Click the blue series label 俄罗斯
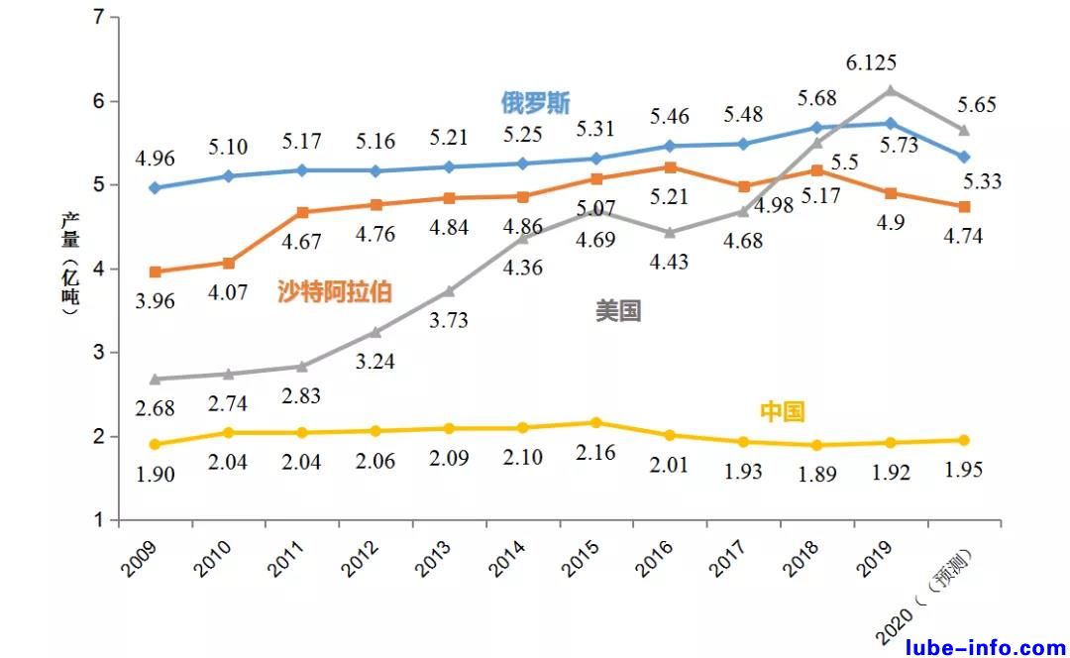(535, 102)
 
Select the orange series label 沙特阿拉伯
(334, 291)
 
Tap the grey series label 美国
(617, 311)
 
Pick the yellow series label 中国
(782, 411)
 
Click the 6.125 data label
(871, 63)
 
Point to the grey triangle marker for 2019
(890, 91)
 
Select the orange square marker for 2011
(302, 212)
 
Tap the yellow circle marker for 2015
(595, 422)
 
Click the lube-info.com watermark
(985, 647)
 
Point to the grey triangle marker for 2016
(670, 233)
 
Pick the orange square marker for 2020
(963, 206)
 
